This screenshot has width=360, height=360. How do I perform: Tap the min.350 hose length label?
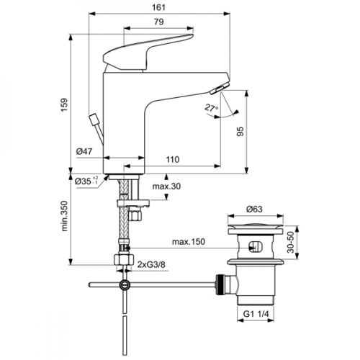point(65,217)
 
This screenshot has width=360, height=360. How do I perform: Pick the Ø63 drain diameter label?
point(255,209)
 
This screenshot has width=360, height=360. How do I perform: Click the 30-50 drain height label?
point(291,241)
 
